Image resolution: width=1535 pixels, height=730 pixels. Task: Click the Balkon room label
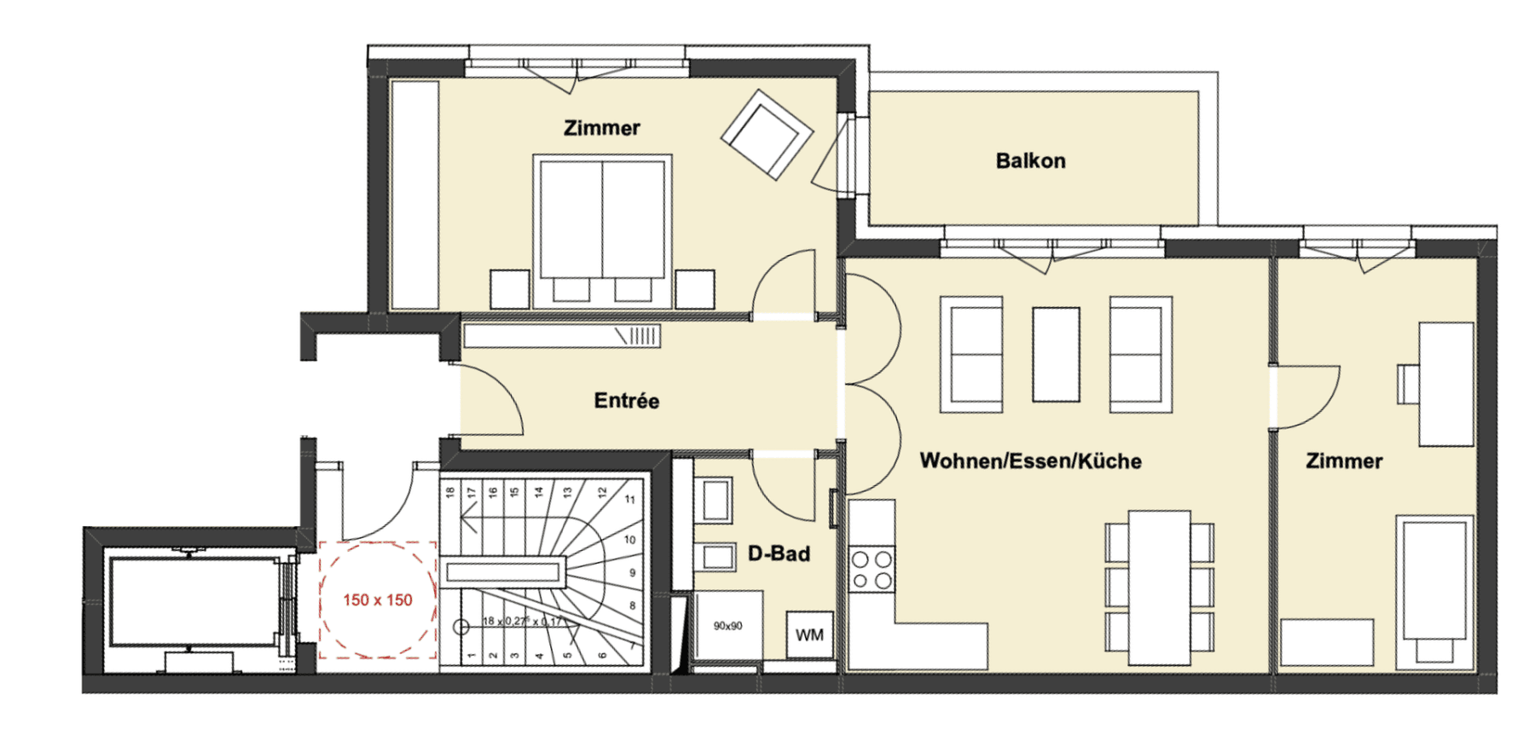1030,160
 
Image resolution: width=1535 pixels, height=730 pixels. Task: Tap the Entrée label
626,401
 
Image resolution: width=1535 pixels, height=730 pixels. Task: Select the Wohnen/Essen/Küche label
1030,461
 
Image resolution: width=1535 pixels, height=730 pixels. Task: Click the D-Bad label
779,553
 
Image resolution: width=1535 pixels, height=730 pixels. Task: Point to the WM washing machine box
809,635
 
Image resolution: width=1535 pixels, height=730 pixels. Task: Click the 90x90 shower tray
727,626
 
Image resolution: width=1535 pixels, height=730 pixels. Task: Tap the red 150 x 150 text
378,600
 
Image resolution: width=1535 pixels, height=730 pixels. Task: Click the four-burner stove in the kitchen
872,570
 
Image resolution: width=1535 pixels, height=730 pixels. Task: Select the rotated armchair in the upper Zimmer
767,135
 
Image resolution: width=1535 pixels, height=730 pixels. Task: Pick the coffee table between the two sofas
1056,355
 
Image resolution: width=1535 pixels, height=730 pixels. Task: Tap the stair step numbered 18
449,492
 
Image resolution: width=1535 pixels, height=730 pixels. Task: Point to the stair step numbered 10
629,540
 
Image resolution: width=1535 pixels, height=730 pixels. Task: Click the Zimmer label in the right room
1344,461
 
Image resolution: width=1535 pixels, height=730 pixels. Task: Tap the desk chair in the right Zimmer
1407,384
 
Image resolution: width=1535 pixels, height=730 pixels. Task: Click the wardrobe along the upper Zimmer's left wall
414,194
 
